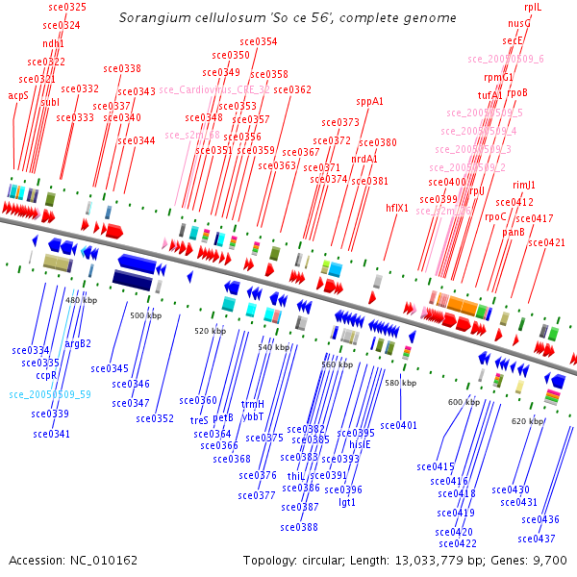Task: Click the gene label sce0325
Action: tap(66, 7)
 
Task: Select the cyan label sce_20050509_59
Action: tap(50, 394)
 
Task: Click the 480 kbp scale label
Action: tap(82, 300)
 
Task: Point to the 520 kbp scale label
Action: tap(210, 331)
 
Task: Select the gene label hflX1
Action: tap(397, 207)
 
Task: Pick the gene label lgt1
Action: tap(347, 502)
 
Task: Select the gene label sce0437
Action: tap(538, 539)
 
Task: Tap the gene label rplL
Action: tap(533, 7)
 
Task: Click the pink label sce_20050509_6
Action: tap(506, 59)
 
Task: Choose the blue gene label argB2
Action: tap(78, 343)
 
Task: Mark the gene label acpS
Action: tap(18, 96)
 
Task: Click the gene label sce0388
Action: tap(299, 527)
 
